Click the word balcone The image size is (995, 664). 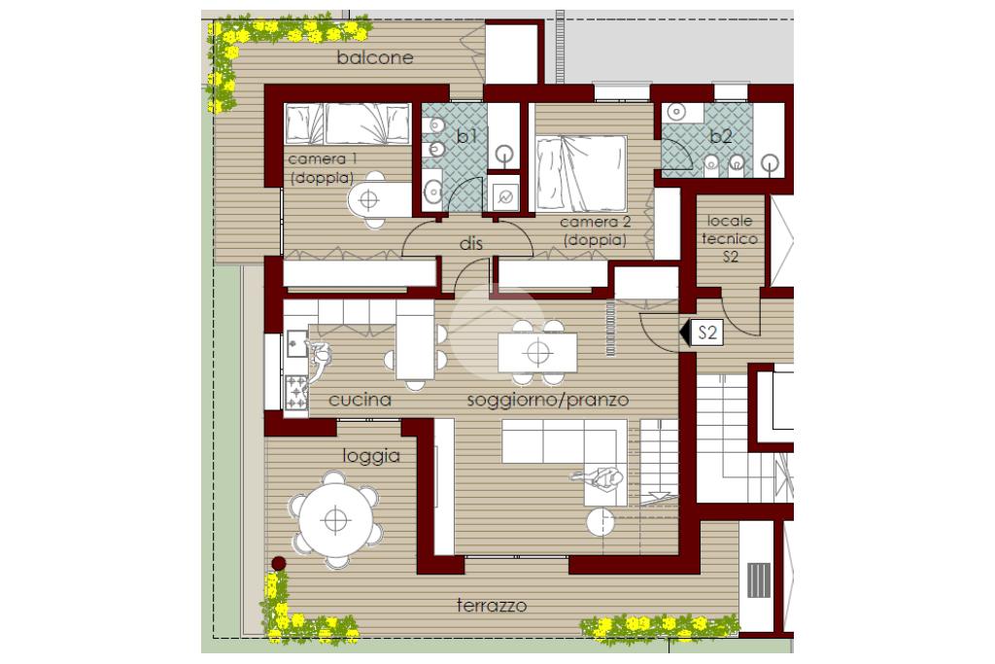click(x=375, y=57)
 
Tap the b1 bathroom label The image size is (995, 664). click(x=466, y=135)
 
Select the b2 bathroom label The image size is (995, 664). click(x=721, y=136)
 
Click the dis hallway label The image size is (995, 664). click(x=471, y=243)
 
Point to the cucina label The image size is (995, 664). click(x=360, y=400)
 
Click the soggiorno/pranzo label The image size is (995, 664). click(x=548, y=400)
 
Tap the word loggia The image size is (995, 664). click(x=371, y=456)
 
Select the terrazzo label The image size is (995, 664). click(x=492, y=606)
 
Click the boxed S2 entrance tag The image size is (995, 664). click(x=707, y=332)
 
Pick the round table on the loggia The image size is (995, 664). click(x=335, y=520)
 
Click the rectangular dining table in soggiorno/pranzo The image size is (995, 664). click(x=537, y=352)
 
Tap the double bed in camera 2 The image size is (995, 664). click(x=581, y=173)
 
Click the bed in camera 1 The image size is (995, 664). click(x=348, y=124)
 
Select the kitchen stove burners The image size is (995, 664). click(x=295, y=393)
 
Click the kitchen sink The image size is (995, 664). click(x=296, y=343)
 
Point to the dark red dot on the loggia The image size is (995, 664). click(x=278, y=563)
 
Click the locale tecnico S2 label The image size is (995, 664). click(x=730, y=239)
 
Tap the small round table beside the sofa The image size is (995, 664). click(x=600, y=522)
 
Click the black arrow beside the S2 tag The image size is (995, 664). click(x=685, y=333)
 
